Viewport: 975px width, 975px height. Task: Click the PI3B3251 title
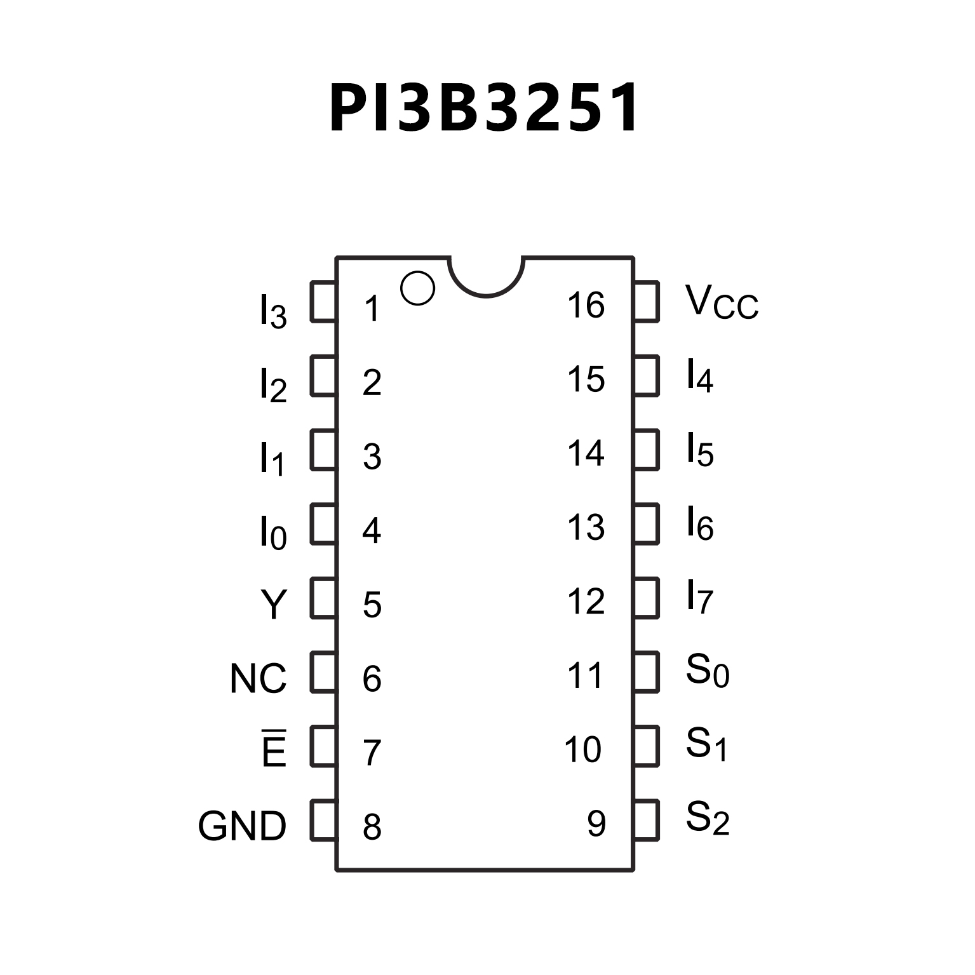pos(484,108)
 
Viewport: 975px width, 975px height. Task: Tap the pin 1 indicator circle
pos(417,288)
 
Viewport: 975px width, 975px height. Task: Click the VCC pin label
pos(722,302)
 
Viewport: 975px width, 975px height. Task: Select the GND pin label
pos(242,826)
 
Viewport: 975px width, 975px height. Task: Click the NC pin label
pos(258,678)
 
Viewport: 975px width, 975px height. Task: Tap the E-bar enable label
pos(274,750)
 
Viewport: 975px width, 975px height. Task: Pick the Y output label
pos(274,604)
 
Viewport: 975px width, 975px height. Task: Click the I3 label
pos(273,311)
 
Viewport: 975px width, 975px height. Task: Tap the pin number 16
pos(586,305)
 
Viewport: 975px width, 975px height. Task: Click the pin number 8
pos(372,826)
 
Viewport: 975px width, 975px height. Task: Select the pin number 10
pos(582,749)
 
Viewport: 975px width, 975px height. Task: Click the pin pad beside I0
pos(323,524)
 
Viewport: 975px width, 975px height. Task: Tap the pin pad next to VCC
pos(646,302)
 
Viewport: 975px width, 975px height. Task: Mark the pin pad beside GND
pos(323,820)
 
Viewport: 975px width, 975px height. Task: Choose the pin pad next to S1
pos(646,746)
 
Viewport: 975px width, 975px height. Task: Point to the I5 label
pos(700,450)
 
